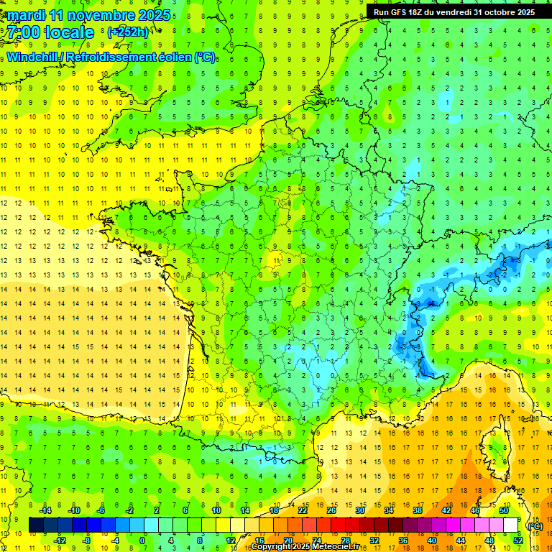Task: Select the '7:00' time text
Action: [x=24, y=32]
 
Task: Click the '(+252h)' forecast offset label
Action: [x=127, y=32]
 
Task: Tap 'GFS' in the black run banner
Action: [x=400, y=11]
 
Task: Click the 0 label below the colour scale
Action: [x=142, y=540]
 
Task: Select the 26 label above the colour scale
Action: [x=331, y=510]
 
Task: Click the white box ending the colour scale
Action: [x=511, y=525]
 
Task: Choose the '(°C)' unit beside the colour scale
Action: [x=535, y=525]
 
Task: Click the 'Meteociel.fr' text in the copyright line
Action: [x=339, y=547]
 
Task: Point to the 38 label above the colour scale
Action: [x=418, y=510]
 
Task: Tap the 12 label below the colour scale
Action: [x=231, y=540]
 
